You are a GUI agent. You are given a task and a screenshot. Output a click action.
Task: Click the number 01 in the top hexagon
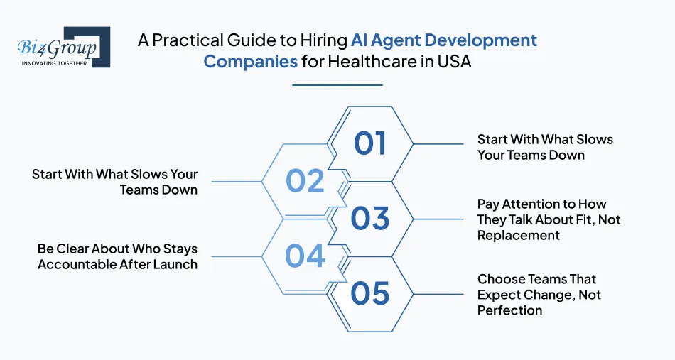[370, 143]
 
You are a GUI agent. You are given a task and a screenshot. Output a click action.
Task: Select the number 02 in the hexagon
[305, 181]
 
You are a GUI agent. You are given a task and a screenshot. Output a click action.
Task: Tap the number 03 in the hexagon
[370, 219]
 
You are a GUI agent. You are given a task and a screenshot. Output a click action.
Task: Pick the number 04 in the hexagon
[305, 256]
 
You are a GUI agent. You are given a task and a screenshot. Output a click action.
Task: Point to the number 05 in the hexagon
[370, 293]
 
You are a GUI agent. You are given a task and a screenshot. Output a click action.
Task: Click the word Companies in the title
[250, 61]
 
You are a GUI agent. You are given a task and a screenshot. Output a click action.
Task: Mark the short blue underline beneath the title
[337, 85]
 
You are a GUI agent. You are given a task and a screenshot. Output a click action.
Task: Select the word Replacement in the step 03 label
[518, 235]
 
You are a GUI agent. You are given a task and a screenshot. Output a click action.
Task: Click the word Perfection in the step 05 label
[509, 310]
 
